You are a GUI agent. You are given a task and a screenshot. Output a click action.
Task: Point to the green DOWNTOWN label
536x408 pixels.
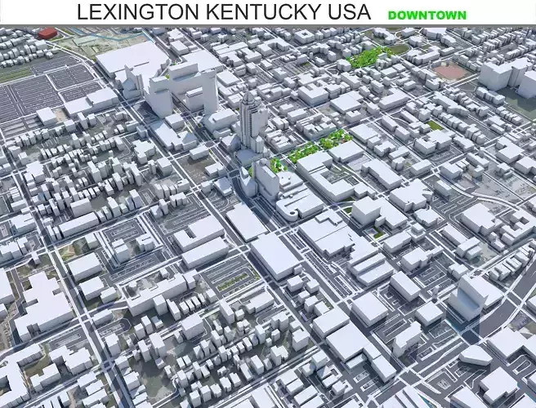coord(427,15)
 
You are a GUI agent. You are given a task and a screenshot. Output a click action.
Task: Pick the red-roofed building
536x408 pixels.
coord(49,33)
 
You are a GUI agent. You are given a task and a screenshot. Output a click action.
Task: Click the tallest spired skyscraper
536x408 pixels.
coord(249,122)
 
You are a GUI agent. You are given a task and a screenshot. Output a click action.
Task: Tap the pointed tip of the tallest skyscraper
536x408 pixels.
coord(247,87)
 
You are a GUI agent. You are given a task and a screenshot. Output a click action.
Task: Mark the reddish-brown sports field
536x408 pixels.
coord(449,71)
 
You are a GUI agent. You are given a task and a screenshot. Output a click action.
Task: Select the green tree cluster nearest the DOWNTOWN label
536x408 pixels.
coord(369,57)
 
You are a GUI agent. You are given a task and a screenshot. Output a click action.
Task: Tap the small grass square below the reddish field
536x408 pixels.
coord(435,126)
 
